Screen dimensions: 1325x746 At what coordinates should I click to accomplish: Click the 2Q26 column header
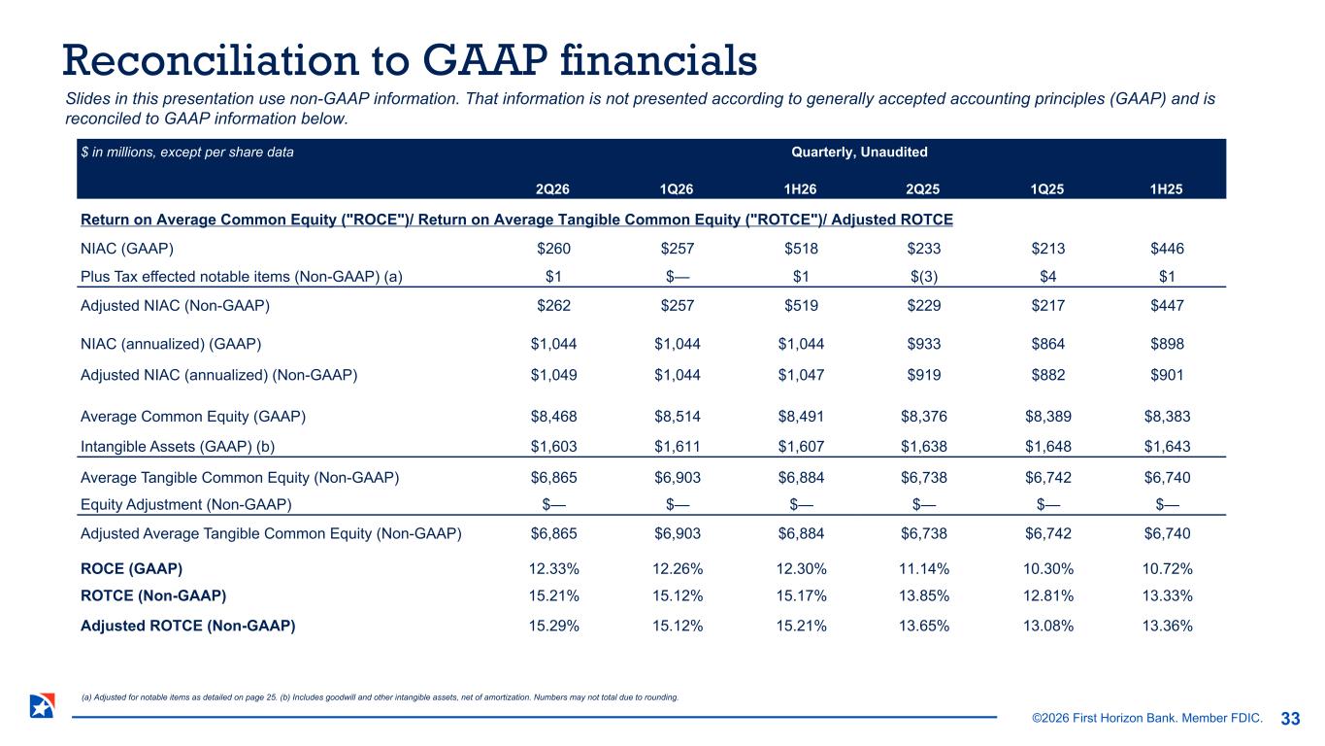point(552,189)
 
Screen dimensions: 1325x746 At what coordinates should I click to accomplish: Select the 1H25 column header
point(1166,189)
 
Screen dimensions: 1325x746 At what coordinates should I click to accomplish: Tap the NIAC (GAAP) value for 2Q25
point(924,249)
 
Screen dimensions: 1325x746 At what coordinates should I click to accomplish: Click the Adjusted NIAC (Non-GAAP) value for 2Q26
point(553,306)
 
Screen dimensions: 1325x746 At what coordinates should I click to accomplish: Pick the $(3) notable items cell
point(924,277)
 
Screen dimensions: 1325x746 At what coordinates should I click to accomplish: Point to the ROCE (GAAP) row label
point(131,569)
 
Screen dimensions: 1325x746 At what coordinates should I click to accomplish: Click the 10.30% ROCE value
point(1048,569)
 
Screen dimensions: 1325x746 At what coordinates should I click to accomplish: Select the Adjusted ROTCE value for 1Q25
point(1048,626)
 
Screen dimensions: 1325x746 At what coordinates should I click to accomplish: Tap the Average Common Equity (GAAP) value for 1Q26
point(678,417)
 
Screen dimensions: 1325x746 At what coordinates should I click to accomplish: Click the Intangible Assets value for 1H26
point(801,447)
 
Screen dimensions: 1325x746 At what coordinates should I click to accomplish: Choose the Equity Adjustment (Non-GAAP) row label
point(186,504)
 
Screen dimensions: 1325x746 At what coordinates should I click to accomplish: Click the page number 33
point(1290,719)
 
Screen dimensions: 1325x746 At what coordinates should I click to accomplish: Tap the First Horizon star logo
point(43,706)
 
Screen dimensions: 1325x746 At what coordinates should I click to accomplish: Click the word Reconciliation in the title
point(211,60)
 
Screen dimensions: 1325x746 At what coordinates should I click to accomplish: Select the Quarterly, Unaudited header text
point(859,153)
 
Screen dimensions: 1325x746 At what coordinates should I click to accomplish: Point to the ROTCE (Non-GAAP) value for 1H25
point(1167,595)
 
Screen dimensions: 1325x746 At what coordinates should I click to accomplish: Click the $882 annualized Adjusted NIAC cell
point(1048,375)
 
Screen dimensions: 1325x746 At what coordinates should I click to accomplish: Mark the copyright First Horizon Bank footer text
point(1147,718)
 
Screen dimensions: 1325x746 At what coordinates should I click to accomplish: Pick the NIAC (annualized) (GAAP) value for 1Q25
point(1048,344)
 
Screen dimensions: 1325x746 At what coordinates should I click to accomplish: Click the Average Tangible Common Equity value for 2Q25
point(924,478)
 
